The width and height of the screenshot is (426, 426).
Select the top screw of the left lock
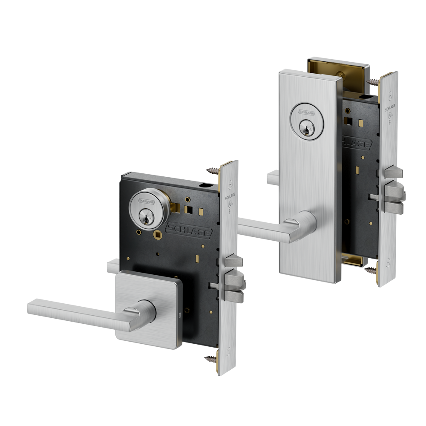click(212, 170)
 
